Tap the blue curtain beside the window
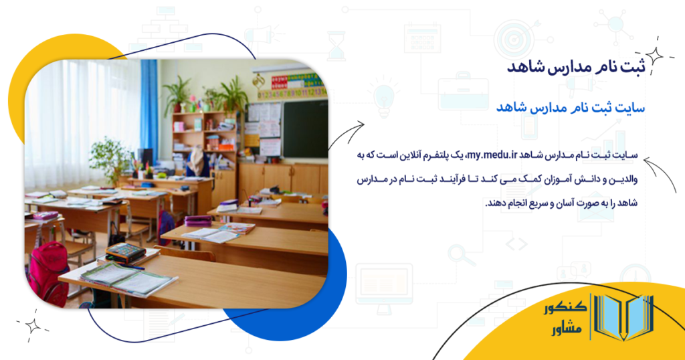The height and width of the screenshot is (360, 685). tap(149, 107)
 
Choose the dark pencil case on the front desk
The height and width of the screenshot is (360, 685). tap(126, 252)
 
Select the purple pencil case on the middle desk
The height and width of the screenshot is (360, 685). tap(198, 220)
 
